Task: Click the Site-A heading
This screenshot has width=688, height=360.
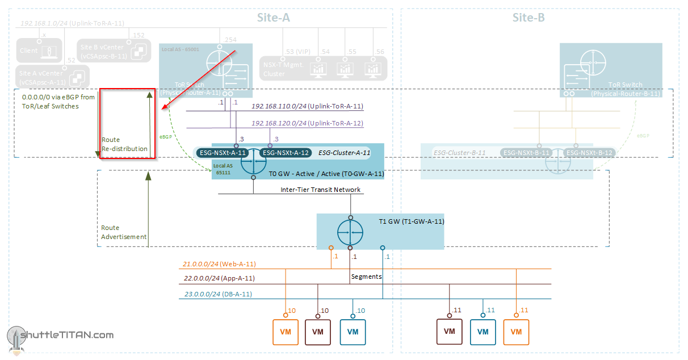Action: tap(274, 18)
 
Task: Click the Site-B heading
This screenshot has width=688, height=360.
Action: tap(528, 18)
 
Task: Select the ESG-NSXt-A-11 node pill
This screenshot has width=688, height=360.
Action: tap(223, 153)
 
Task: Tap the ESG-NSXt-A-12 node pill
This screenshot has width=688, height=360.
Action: tap(285, 153)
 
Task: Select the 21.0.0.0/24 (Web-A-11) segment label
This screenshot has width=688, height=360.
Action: tap(219, 264)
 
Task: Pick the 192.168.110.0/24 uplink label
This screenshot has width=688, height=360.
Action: tap(307, 106)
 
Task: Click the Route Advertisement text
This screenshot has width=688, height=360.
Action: tap(124, 232)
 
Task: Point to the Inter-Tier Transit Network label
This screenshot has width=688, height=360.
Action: tap(320, 190)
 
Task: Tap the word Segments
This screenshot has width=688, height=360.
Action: tap(366, 277)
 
